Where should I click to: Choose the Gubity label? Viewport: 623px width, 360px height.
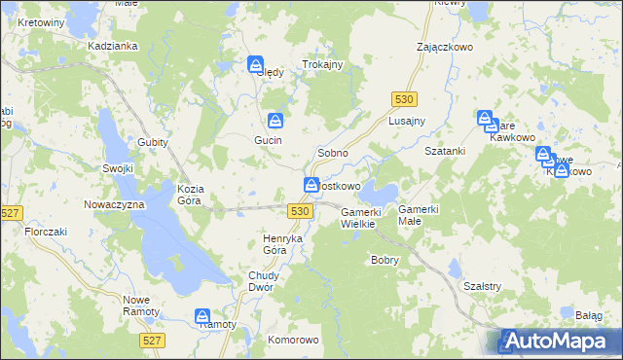153,142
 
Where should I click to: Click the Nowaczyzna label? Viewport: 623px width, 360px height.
114,204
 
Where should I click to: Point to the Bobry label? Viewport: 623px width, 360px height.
386,260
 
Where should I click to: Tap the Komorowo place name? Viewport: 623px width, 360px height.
293,340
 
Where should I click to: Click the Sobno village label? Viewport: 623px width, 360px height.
332,154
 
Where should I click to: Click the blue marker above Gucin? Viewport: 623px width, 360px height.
276,120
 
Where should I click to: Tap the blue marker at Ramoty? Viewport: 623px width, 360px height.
202,316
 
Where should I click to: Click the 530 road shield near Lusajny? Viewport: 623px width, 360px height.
406,99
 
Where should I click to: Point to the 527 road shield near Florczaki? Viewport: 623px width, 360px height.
12,213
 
